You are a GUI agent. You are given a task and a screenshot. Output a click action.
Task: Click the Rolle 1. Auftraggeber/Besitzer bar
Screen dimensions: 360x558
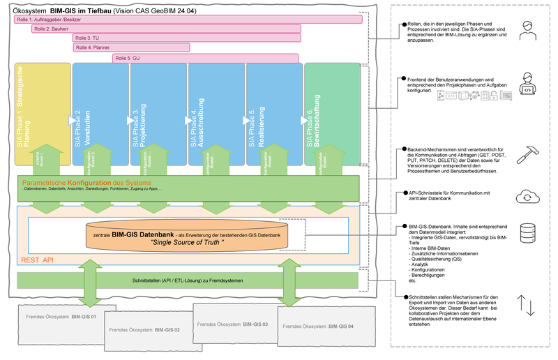click(x=188, y=20)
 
